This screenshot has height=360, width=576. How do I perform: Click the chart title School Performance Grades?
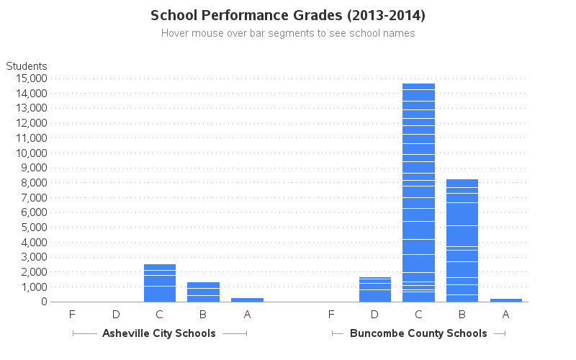[x=288, y=15]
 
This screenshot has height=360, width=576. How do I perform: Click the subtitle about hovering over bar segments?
[x=288, y=33]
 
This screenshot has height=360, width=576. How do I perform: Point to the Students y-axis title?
[x=27, y=66]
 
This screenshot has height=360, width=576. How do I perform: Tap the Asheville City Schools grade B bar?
[x=203, y=292]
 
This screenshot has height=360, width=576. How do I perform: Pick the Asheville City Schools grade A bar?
[x=247, y=300]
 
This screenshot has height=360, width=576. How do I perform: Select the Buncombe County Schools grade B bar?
[x=462, y=240]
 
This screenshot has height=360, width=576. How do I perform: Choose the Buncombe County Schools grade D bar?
[x=375, y=289]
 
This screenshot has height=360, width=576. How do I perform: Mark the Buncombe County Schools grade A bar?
[x=505, y=300]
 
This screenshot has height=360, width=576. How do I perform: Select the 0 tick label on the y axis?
[x=43, y=302]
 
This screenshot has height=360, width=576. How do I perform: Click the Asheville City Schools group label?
[x=159, y=333]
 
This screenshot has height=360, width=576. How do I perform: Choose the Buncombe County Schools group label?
[x=418, y=333]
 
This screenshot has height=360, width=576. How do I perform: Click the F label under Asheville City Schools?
[x=72, y=315]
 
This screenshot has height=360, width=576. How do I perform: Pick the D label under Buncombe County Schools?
[x=375, y=315]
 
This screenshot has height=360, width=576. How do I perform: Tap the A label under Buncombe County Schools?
[x=505, y=315]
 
